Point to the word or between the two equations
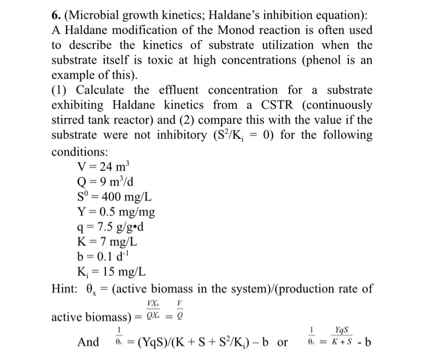(x=283, y=342)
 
